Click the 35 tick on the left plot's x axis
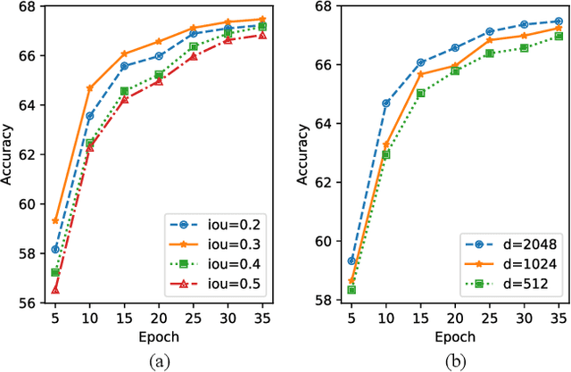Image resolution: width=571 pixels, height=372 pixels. point(262,317)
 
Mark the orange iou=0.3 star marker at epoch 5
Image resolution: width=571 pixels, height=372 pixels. point(55,220)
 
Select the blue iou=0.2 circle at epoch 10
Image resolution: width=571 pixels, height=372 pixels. point(90,116)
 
